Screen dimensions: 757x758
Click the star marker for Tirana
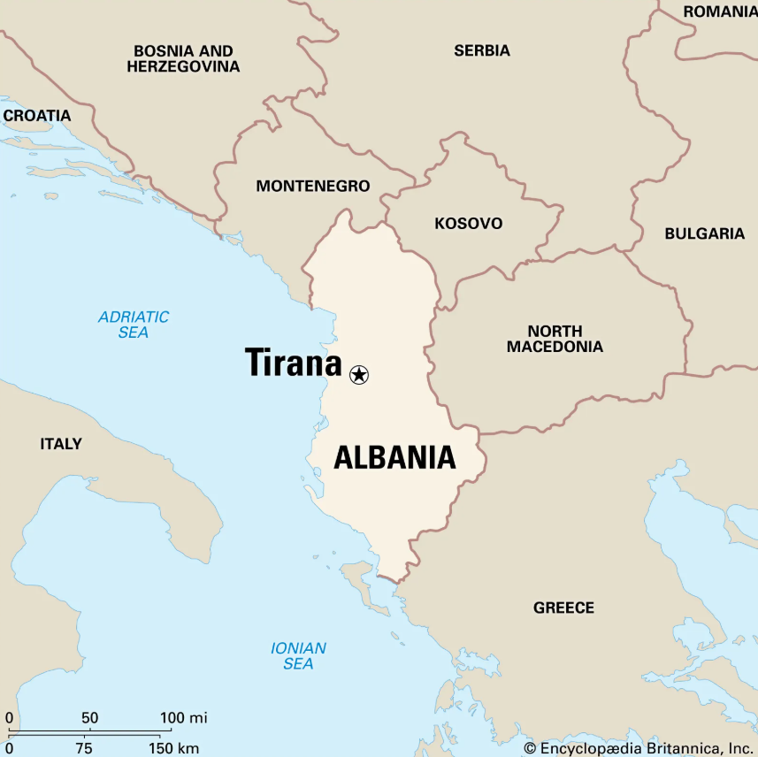click(x=358, y=374)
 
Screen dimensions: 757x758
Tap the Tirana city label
click(x=293, y=363)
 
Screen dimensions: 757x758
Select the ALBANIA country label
click(x=394, y=457)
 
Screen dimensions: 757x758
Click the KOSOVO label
click(x=468, y=224)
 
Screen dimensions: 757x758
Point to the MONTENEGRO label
click(x=312, y=187)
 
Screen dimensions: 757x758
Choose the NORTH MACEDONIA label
click(x=555, y=339)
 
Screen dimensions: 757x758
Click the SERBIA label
click(x=482, y=50)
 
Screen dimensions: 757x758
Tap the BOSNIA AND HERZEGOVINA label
click(x=183, y=58)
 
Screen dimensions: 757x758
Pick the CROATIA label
click(x=36, y=115)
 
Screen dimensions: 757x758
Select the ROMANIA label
click(x=720, y=11)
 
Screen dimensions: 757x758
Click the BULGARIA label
click(x=705, y=233)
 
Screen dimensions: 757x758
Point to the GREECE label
click(x=563, y=608)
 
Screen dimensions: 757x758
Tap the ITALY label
click(x=61, y=443)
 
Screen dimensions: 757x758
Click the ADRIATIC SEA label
click(x=134, y=325)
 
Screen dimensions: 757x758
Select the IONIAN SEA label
click(x=298, y=655)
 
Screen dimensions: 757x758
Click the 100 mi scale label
click(x=184, y=717)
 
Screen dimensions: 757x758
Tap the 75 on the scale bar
click(x=84, y=748)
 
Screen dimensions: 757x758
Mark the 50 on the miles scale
click(x=89, y=717)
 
